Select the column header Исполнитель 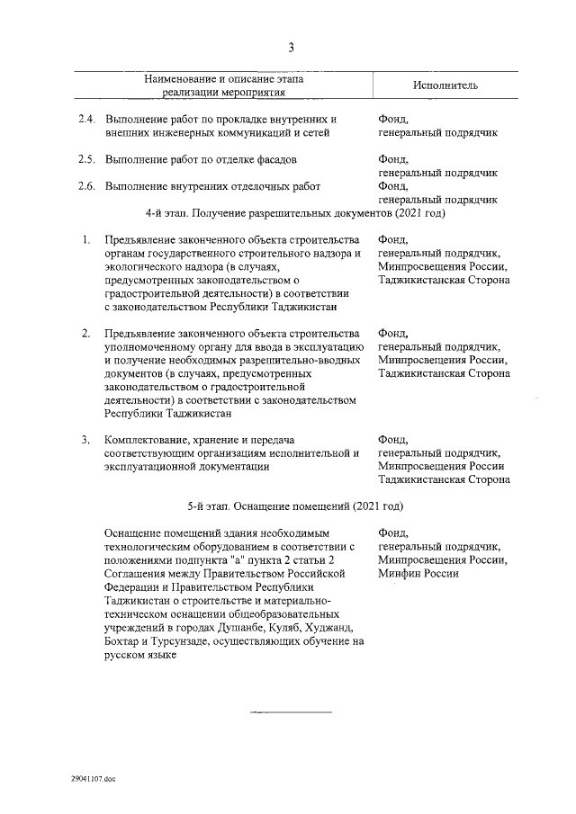[x=445, y=85]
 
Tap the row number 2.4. [x=85, y=120]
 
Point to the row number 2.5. [x=85, y=159]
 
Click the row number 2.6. [x=85, y=186]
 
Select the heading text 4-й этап [x=166, y=215]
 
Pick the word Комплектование [x=149, y=440]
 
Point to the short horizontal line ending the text [x=291, y=711]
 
